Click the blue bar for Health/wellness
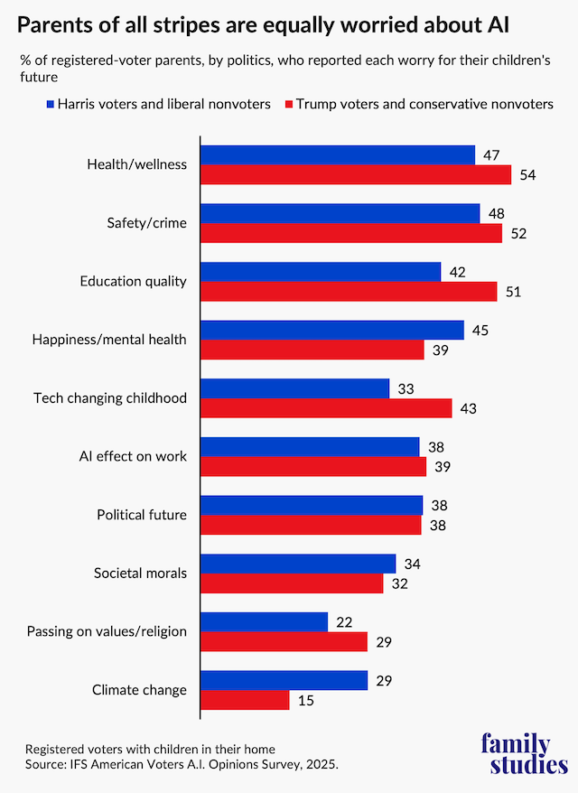[337, 155]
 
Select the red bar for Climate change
[245, 700]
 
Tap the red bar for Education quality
[348, 292]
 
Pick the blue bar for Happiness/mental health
[331, 331]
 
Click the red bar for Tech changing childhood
[325, 408]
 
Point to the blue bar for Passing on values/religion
[264, 622]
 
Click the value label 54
[528, 175]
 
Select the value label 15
[306, 701]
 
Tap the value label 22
[344, 622]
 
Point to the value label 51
[514, 292]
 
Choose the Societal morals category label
[140, 574]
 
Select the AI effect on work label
[135, 456]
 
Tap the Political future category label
[142, 515]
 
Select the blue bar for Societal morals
[297, 564]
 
